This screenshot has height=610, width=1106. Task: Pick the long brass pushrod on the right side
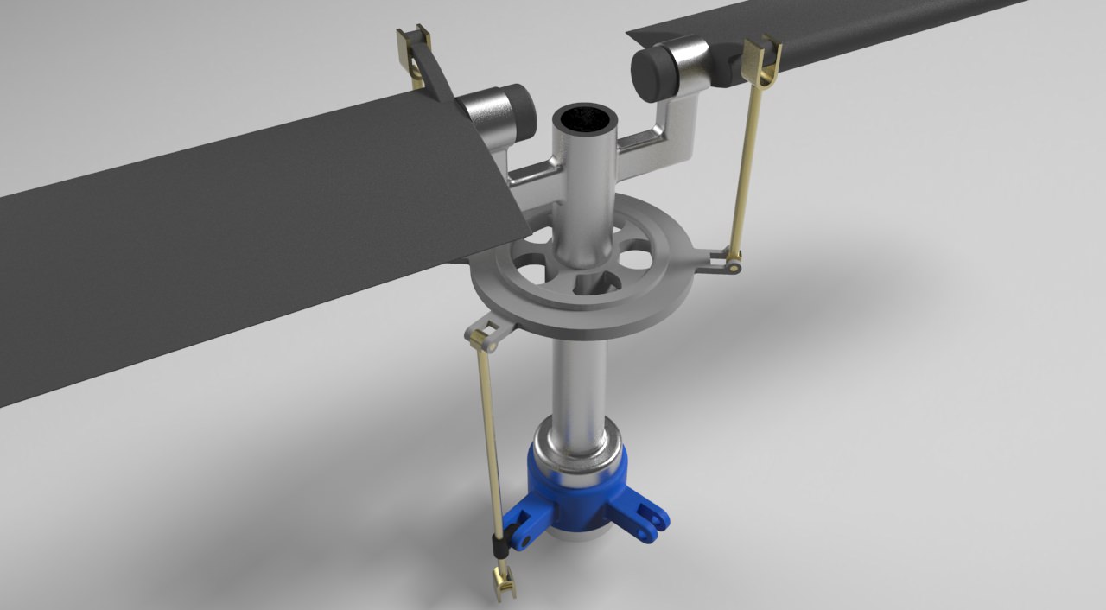pyautogui.click(x=747, y=164)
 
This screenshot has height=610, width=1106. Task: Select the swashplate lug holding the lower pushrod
pyautogui.click(x=488, y=334)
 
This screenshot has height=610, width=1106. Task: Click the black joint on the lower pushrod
pyautogui.click(x=499, y=546)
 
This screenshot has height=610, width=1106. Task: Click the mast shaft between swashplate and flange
pyautogui.click(x=576, y=380)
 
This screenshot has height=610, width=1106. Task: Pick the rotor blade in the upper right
pyautogui.click(x=864, y=30)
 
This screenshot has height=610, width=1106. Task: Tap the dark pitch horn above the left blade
pyautogui.click(x=436, y=78)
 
